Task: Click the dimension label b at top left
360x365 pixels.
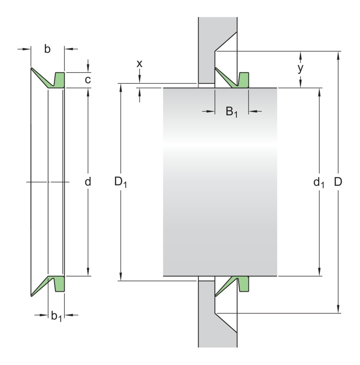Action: click(x=47, y=49)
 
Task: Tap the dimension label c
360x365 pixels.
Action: click(x=88, y=80)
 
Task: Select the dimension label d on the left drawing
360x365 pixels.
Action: click(x=88, y=182)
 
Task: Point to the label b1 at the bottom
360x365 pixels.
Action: click(x=56, y=316)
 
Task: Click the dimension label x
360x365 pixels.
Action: click(x=139, y=64)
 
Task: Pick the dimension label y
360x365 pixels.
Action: click(x=301, y=68)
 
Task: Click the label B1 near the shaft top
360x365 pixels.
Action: click(x=232, y=112)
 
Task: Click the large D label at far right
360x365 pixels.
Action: click(x=338, y=182)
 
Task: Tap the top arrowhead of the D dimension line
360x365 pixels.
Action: click(x=338, y=54)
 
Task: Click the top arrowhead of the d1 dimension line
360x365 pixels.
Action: click(x=319, y=91)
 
